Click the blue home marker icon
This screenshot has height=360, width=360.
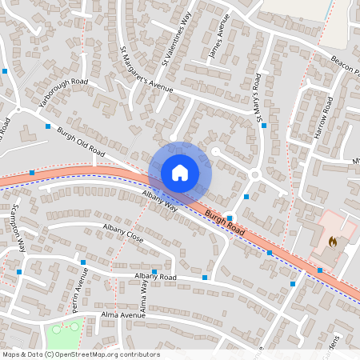point(180,172)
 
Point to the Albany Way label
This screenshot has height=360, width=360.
point(159,201)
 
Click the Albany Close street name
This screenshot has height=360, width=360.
point(122,234)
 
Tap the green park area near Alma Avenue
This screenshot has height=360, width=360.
point(66,330)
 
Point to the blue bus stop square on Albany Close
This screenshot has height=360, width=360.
point(82,262)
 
